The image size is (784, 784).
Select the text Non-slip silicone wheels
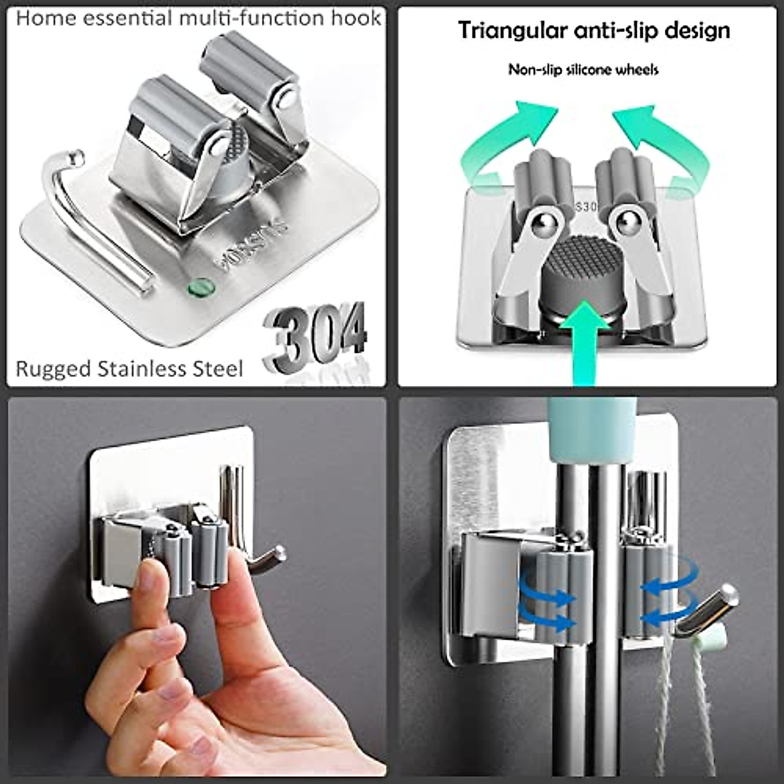pyautogui.click(x=583, y=70)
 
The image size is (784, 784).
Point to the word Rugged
pyautogui.click(x=53, y=369)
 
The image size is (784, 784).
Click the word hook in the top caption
pyautogui.click(x=357, y=18)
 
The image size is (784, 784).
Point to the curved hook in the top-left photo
pyautogui.click(x=91, y=216)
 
